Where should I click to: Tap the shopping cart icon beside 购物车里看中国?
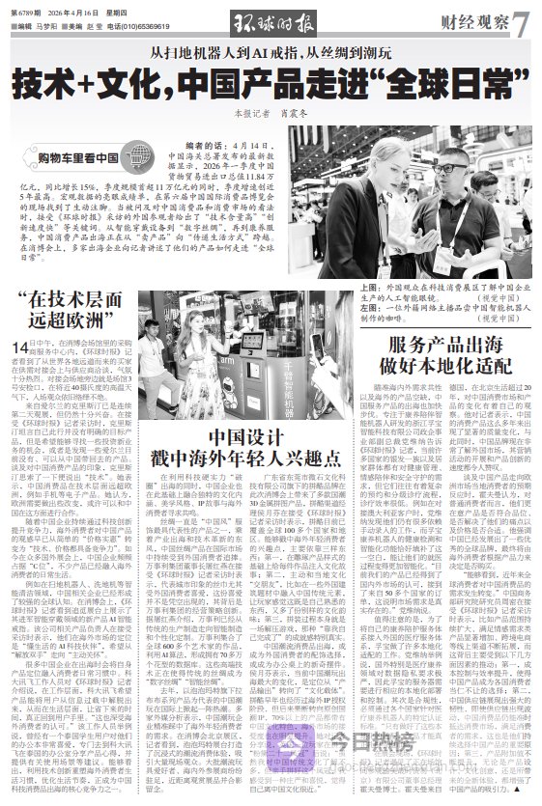pos(29,158)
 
